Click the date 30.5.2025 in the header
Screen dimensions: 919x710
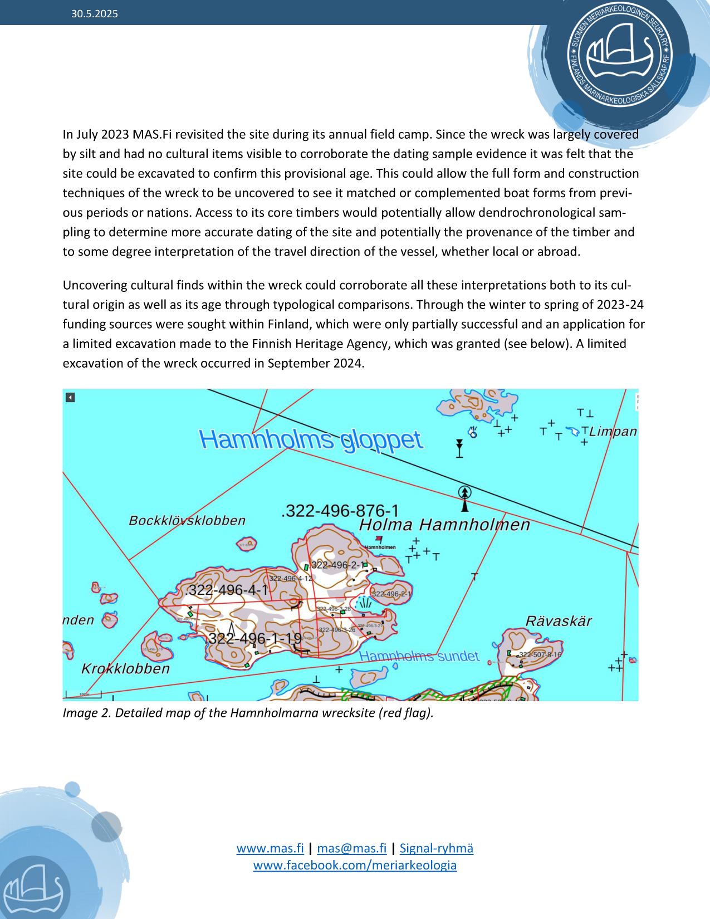tap(95, 14)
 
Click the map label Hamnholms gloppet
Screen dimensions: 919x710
tap(311, 440)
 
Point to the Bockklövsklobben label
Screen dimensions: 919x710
tap(187, 521)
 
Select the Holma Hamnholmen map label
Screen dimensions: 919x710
tap(444, 525)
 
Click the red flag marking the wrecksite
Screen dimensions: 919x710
tap(379, 539)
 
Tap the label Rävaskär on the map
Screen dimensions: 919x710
tap(559, 621)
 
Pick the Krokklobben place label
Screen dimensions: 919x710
tap(125, 668)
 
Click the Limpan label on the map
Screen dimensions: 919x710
tap(613, 432)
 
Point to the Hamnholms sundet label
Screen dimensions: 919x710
tap(419, 656)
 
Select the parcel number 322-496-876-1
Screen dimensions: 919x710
tap(341, 511)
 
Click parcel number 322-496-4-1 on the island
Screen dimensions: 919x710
tap(228, 590)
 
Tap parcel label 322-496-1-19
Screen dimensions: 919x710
tap(255, 638)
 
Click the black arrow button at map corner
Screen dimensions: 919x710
tap(70, 397)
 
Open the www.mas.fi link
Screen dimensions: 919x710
tap(270, 848)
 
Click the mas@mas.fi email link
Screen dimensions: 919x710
tap(351, 848)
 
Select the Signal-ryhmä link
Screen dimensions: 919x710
tap(436, 848)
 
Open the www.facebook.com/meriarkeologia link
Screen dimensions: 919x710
tap(355, 865)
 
